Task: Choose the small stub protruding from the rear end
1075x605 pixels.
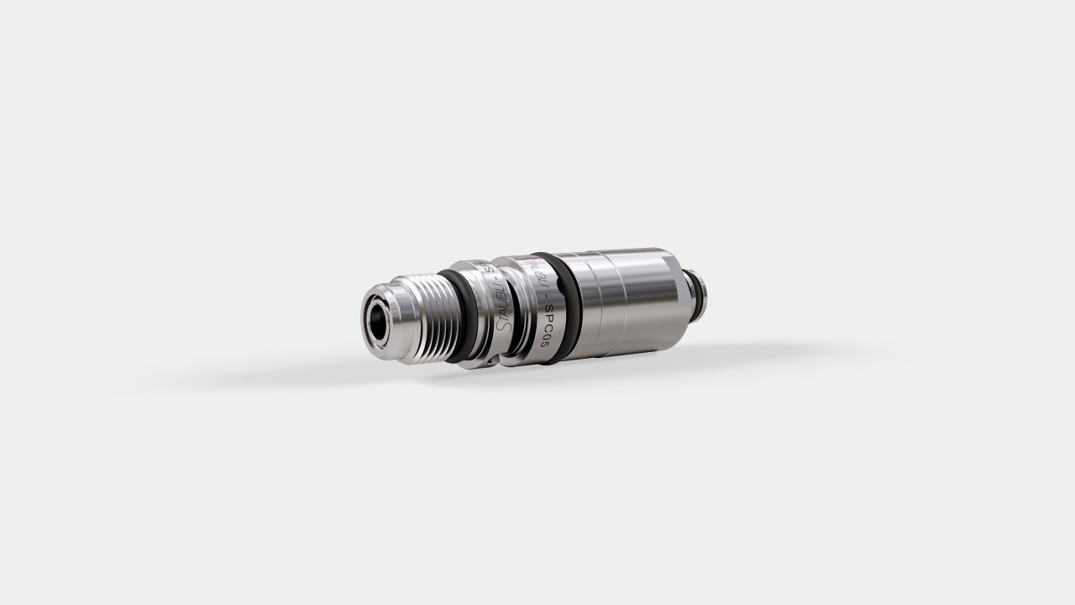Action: [x=696, y=290]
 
